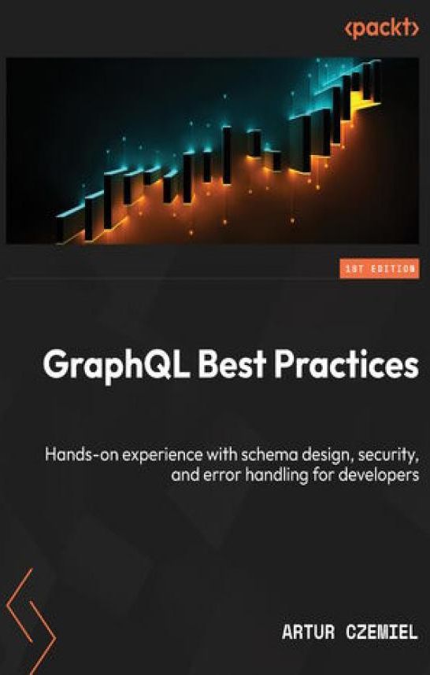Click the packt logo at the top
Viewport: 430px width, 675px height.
point(381,28)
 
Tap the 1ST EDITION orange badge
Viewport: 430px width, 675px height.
point(380,269)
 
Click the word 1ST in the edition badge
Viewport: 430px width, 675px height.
point(353,269)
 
